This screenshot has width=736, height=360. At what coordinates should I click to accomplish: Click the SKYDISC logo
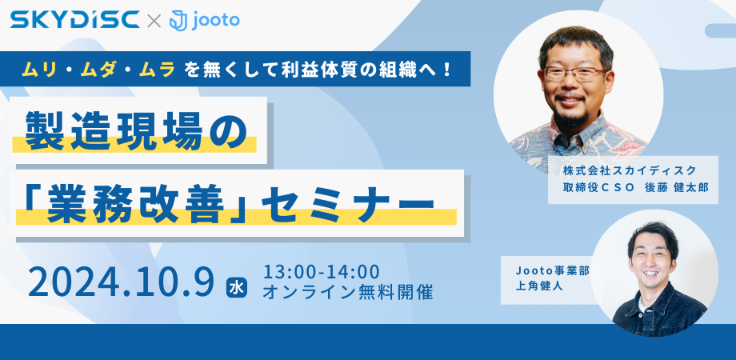(x=75, y=20)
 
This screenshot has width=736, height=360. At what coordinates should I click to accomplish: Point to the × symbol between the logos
(x=154, y=21)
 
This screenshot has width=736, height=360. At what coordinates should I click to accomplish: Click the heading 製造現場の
(x=136, y=131)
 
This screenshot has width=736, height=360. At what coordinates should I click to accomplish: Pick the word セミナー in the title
(x=348, y=205)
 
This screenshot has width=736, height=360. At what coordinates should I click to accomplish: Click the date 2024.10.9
(x=121, y=282)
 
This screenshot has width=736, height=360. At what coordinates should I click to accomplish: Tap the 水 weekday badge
(x=237, y=288)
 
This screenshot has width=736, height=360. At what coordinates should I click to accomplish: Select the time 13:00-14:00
(x=321, y=272)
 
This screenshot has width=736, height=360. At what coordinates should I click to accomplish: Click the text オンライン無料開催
(x=348, y=292)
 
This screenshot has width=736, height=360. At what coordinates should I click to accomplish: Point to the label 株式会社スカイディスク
(x=629, y=170)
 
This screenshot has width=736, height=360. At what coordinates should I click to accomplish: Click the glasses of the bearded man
(x=574, y=73)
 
